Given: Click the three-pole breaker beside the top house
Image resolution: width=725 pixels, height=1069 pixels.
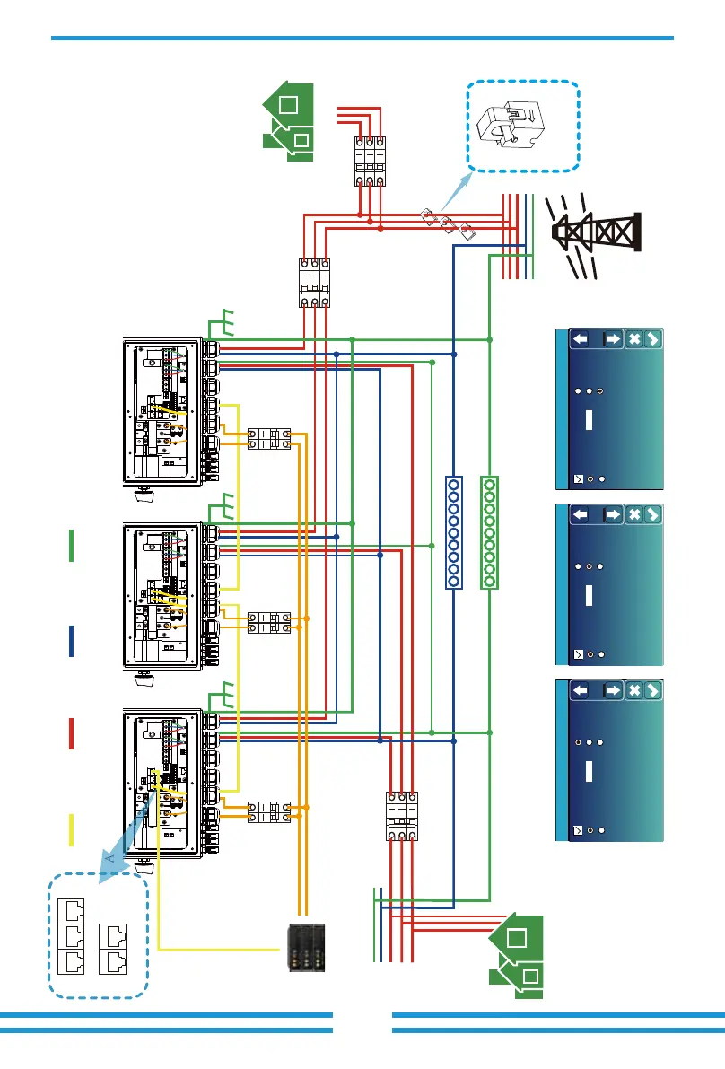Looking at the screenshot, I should [x=369, y=162].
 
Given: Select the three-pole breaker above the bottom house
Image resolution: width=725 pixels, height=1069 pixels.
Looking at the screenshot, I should [x=401, y=817].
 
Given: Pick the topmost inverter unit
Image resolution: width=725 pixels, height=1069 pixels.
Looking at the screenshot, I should [x=162, y=411].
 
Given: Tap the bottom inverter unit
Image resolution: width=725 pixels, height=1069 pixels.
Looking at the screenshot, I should [x=162, y=783].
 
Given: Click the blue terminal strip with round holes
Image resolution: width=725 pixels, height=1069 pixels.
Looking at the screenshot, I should [x=454, y=533].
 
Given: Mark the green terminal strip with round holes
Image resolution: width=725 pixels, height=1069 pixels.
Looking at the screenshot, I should [x=490, y=533].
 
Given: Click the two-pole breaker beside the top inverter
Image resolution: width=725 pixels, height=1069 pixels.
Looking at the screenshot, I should [x=269, y=439].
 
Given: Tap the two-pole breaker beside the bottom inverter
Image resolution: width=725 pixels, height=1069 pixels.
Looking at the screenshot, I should [x=269, y=813].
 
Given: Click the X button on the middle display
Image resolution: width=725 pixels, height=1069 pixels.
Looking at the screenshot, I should [x=633, y=515].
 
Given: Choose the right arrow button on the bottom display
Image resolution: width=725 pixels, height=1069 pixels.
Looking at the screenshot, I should [x=612, y=691].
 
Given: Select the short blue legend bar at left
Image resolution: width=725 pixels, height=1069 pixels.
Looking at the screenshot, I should [x=70, y=641].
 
